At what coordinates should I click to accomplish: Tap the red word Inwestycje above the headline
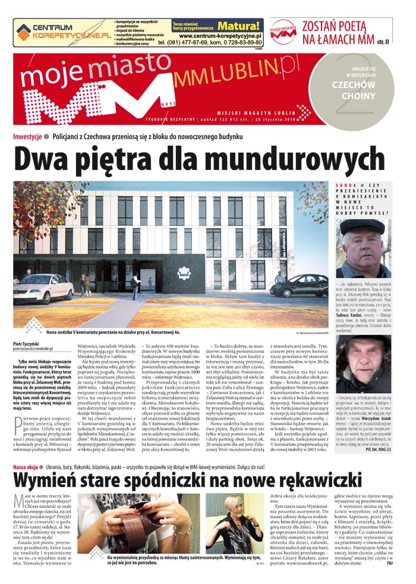[x=27, y=137]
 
